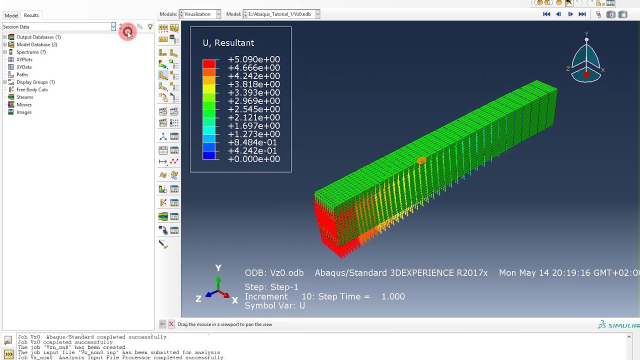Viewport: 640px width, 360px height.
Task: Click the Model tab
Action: [11, 15]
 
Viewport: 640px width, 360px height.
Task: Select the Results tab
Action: [31, 15]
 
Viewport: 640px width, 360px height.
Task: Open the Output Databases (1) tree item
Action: [38, 37]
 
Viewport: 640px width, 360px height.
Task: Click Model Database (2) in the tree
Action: [36, 44]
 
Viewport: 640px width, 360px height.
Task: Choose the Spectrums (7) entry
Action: [30, 52]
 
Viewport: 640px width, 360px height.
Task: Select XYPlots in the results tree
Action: [24, 59]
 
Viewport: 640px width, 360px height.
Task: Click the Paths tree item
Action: [22, 74]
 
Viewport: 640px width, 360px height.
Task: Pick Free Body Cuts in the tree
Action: [32, 89]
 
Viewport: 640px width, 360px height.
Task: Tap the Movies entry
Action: [23, 104]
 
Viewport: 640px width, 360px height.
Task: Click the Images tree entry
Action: [23, 112]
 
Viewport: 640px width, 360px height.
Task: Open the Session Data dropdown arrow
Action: [113, 26]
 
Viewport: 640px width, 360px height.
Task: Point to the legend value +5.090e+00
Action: [253, 59]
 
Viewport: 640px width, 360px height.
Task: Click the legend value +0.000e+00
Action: [253, 159]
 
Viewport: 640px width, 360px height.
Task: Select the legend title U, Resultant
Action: [228, 43]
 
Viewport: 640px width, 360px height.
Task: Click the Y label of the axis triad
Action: [218, 268]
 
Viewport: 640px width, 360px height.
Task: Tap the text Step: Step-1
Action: [271, 287]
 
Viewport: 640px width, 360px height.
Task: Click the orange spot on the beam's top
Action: [421, 160]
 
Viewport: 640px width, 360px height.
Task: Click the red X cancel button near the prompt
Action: [171, 324]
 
